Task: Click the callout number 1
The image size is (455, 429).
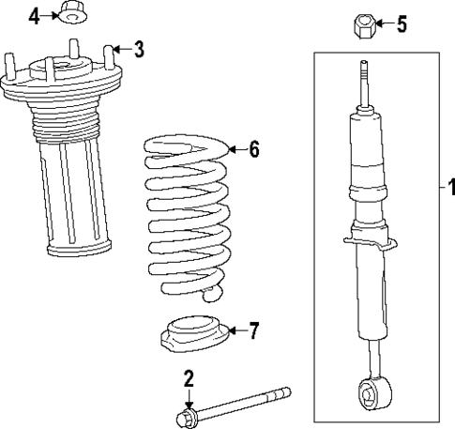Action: [447, 186]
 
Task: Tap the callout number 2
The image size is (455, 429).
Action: [189, 378]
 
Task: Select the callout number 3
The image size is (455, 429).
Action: [138, 49]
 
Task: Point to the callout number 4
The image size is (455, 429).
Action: [35, 16]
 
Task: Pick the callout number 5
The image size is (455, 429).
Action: [402, 23]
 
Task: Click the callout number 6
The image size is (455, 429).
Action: [253, 149]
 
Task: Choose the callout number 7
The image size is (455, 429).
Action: [254, 329]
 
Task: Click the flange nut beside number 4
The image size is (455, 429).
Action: [71, 13]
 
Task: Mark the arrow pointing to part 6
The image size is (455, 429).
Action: [235, 149]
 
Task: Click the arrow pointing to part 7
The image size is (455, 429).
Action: [235, 329]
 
